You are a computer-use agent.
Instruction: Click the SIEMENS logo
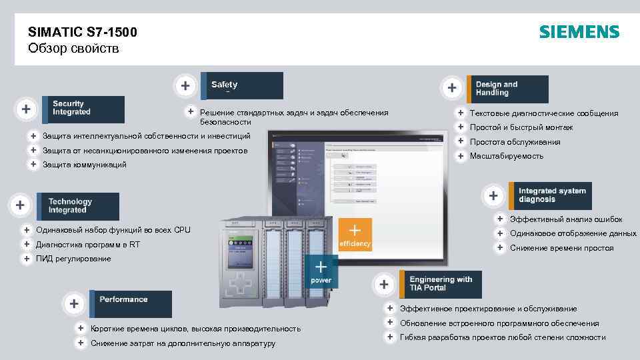click(x=579, y=32)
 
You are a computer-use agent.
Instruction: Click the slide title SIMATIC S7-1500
click(x=83, y=32)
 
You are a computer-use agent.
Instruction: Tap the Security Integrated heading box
click(x=85, y=109)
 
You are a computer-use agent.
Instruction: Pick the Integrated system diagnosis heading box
click(x=549, y=195)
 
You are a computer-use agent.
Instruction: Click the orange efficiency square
click(x=355, y=235)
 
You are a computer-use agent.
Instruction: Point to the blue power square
click(x=321, y=272)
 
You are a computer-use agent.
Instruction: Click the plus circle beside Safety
click(x=185, y=86)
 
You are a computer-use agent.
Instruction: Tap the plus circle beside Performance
click(x=73, y=304)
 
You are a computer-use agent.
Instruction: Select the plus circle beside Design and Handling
click(x=452, y=87)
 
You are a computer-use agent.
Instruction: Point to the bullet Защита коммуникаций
click(x=84, y=165)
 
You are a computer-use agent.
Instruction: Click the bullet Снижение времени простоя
click(x=561, y=248)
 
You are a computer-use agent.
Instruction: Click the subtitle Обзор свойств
click(x=73, y=49)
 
